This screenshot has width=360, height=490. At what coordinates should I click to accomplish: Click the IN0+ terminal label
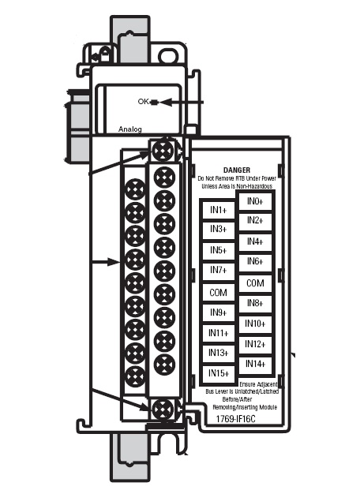255,201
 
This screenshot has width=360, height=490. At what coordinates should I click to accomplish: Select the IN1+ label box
219,210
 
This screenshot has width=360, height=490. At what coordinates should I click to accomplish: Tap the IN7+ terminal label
219,270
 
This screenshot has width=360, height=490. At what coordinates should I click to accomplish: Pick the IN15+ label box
219,373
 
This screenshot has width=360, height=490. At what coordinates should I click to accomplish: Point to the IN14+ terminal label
255,364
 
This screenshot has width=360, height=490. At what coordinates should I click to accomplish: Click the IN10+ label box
255,324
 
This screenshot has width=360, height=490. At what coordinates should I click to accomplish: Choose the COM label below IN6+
255,283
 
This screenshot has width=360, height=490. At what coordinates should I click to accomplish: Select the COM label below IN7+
219,293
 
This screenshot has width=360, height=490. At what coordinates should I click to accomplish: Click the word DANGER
237,170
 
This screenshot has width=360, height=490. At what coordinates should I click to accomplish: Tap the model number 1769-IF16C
235,419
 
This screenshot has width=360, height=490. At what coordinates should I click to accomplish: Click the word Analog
129,129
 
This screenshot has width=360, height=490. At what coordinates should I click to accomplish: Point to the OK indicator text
143,102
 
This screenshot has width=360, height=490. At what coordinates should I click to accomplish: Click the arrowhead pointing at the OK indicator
166,103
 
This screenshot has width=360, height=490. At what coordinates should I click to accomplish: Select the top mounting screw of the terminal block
163,151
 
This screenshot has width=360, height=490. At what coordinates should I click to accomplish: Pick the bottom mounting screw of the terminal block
163,409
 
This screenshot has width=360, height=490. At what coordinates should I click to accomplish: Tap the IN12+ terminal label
255,344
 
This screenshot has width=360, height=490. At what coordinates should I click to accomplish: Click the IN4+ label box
255,241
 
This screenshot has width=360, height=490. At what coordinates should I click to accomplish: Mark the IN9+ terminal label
219,312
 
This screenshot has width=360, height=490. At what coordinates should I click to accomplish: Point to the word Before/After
237,399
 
